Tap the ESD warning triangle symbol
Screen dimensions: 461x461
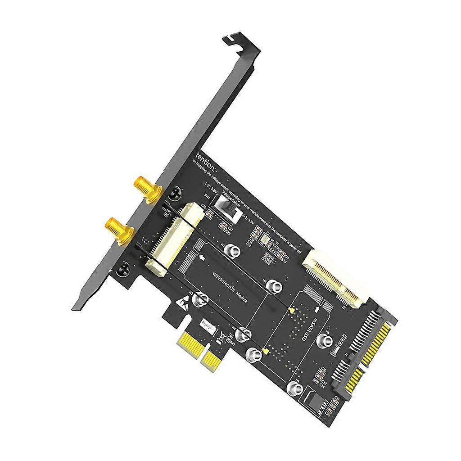tap(184, 304)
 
